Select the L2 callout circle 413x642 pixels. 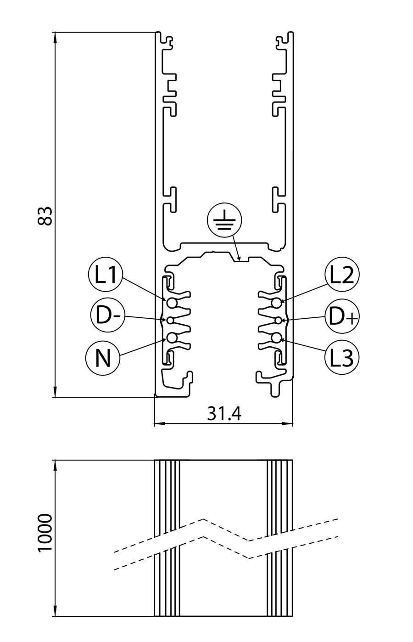[342, 275]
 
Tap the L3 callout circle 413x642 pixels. [342, 357]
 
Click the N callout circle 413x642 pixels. [103, 358]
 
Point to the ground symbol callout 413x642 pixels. [224, 220]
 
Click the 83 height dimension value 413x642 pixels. [45, 216]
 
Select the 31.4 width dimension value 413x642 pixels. [224, 413]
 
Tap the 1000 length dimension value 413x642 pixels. [45, 533]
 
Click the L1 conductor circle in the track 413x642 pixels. [172, 303]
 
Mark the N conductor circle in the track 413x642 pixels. [172, 338]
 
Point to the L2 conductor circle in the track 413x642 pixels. [276, 303]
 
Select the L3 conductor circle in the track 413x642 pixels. [276, 338]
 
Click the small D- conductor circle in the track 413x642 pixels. [170, 320]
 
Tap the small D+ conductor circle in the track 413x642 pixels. [278, 320]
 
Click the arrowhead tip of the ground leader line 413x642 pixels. [240, 260]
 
